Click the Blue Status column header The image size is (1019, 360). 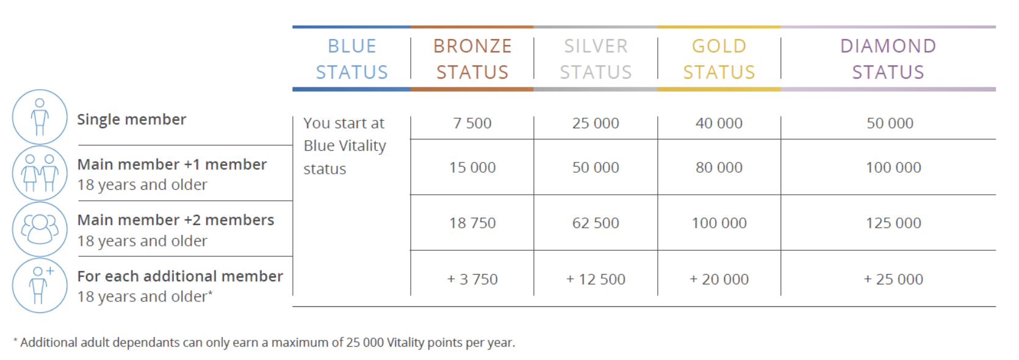[x=351, y=59]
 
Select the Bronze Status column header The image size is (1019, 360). [x=472, y=59]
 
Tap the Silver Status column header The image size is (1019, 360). [x=596, y=59]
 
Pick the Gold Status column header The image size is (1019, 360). [x=719, y=59]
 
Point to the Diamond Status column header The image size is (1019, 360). [x=888, y=59]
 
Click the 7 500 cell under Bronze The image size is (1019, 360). [x=472, y=123]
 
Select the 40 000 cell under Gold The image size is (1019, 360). [x=719, y=123]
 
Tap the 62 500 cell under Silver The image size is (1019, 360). [x=596, y=223]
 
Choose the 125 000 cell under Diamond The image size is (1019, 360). [x=893, y=223]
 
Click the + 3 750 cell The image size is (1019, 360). [x=472, y=279]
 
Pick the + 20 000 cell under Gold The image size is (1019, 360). [x=719, y=279]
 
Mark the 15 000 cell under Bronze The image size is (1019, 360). [x=472, y=168]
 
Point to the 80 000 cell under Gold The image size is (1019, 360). [x=719, y=168]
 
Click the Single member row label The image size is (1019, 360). [x=131, y=120]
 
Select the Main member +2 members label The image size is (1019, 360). [x=176, y=220]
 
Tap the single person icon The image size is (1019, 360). [x=40, y=117]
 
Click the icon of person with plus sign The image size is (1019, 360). [x=40, y=285]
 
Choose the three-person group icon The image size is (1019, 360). [x=40, y=229]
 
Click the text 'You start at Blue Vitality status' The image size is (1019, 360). [x=345, y=146]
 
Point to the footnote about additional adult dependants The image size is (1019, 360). [x=264, y=343]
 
